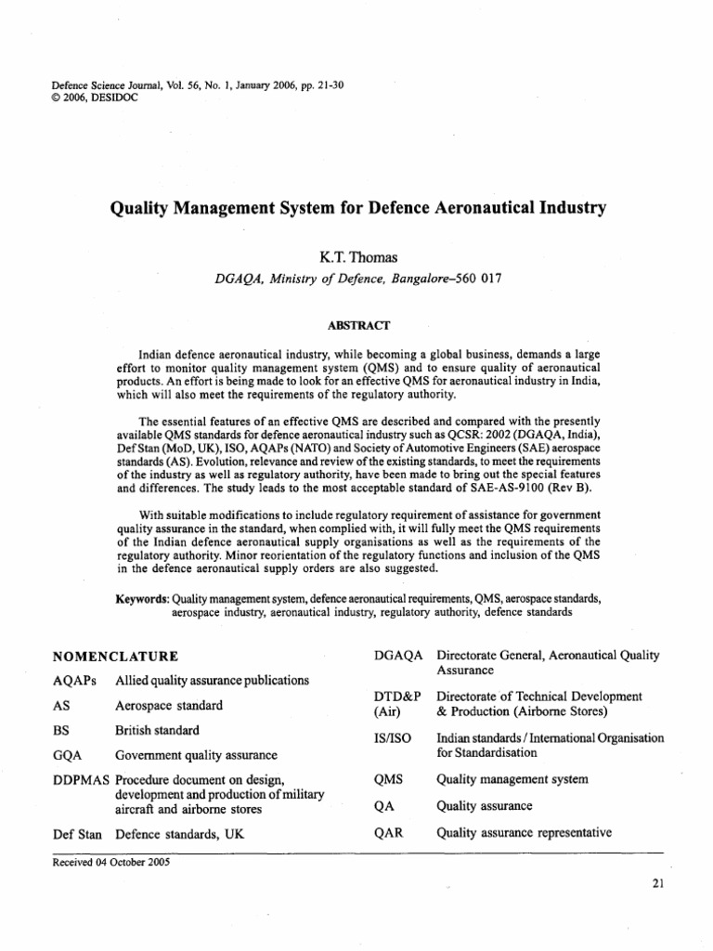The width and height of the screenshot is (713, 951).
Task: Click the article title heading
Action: pyautogui.click(x=357, y=208)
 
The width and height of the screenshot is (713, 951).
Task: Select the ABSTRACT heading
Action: pyautogui.click(x=356, y=324)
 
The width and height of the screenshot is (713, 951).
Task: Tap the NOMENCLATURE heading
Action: pyautogui.click(x=116, y=657)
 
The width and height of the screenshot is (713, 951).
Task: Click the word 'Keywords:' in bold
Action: pyautogui.click(x=142, y=599)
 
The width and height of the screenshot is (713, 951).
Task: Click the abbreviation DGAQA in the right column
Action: pyautogui.click(x=397, y=656)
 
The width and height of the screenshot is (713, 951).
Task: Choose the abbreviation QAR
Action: pyautogui.click(x=387, y=832)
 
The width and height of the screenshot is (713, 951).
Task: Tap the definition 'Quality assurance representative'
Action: pyautogui.click(x=523, y=832)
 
